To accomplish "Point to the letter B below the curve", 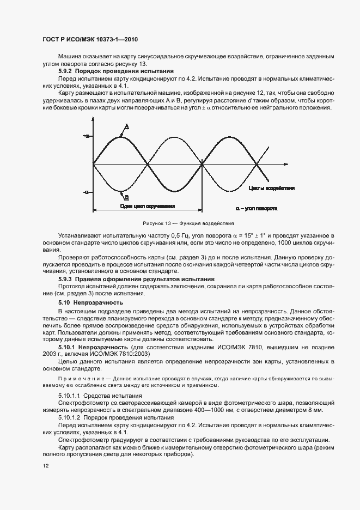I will [126, 197].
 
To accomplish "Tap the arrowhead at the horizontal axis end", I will [291, 164].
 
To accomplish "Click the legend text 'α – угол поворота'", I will [257, 208].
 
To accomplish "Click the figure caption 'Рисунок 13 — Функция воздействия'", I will [180, 223].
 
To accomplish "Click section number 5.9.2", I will [65, 71].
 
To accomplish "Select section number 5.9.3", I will [65, 279].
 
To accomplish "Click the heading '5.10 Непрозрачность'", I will [90, 302].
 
